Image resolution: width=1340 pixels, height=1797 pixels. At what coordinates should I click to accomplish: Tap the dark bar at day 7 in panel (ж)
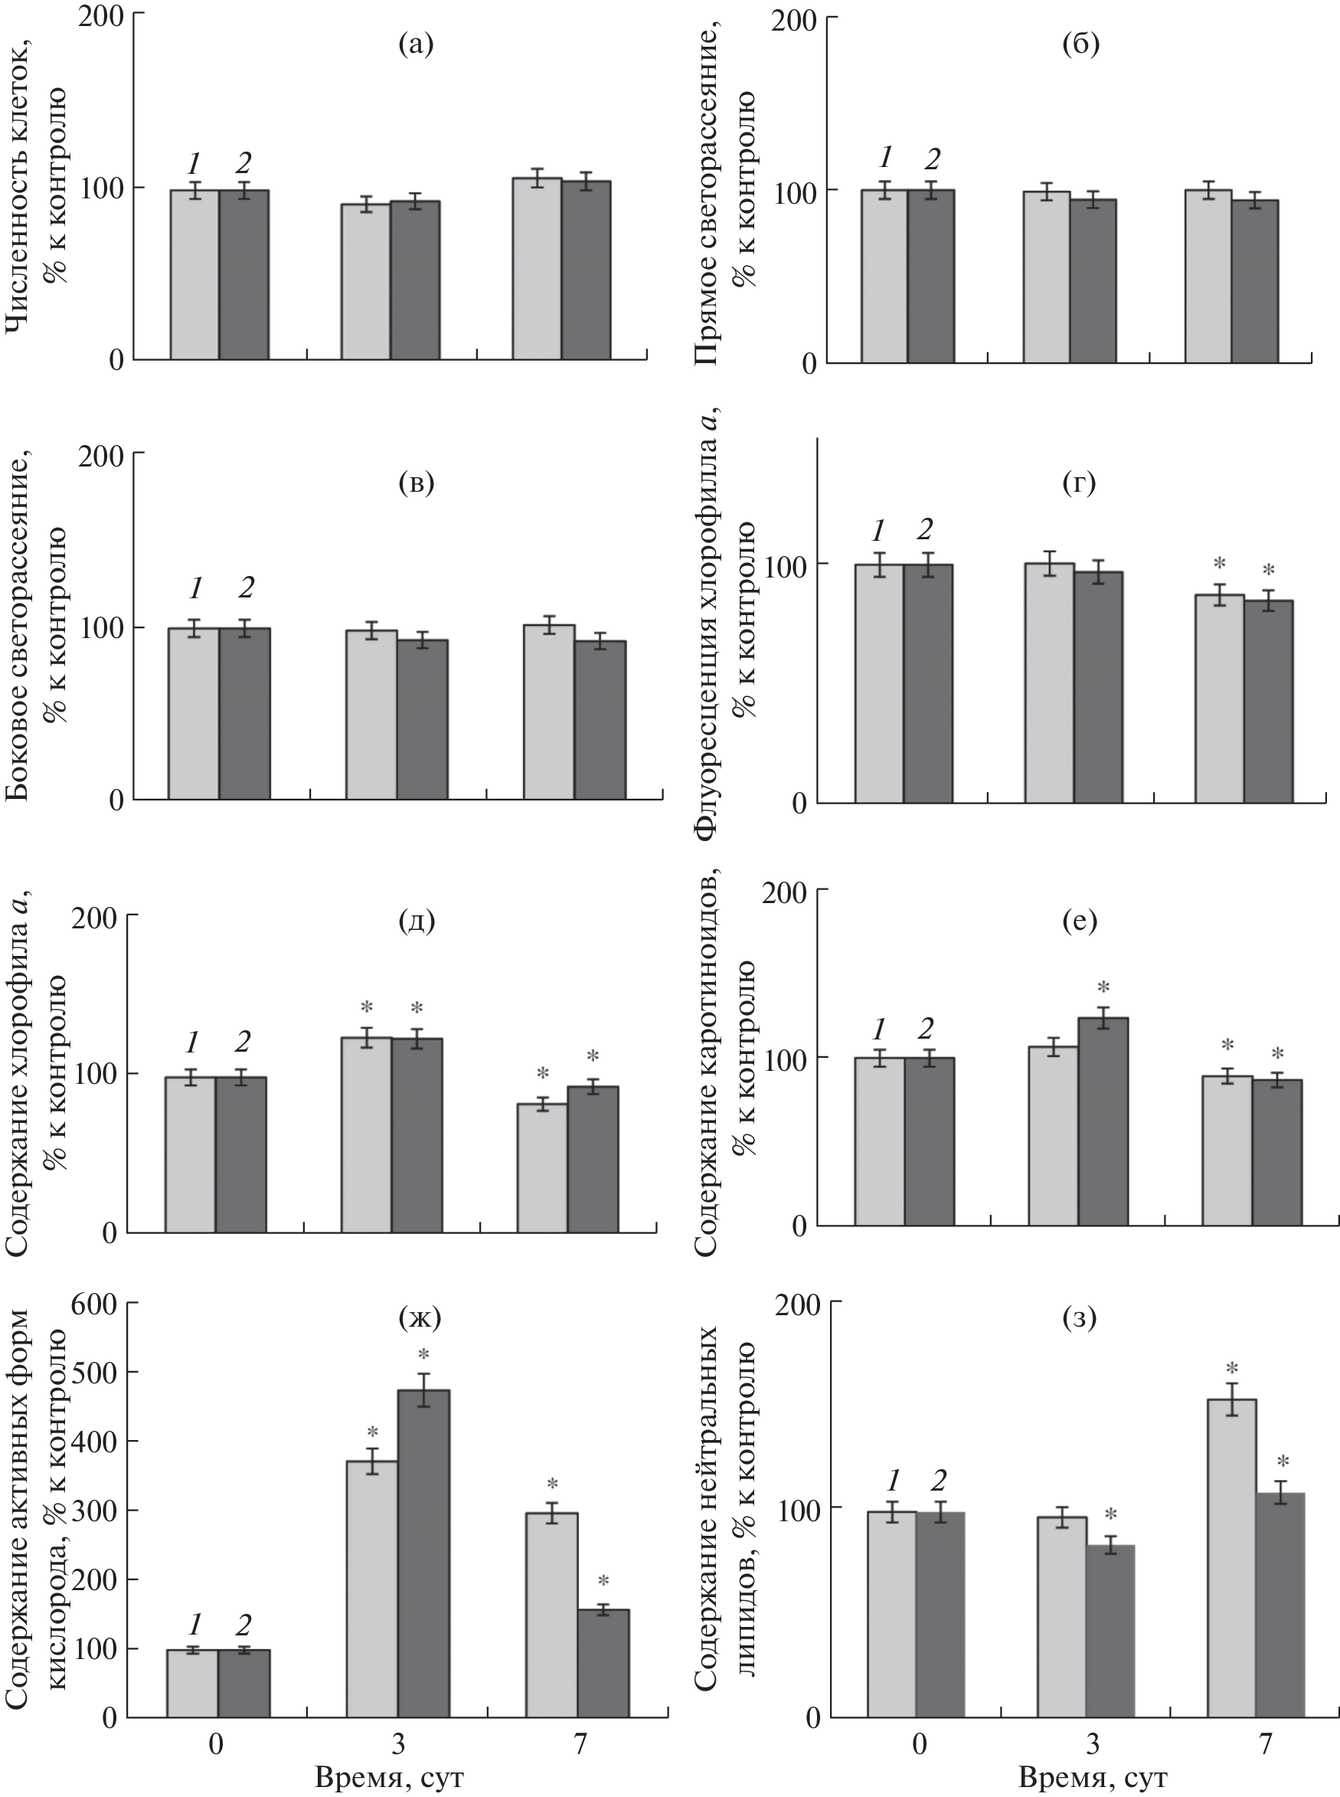(603, 1663)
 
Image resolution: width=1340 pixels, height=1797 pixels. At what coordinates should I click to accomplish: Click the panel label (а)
(416, 44)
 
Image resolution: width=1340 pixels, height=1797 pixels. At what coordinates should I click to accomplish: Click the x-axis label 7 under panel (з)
(1266, 1744)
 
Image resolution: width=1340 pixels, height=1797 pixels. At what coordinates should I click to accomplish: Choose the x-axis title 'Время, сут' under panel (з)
(1093, 1777)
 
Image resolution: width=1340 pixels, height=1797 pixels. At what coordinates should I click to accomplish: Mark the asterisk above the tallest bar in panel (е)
(1103, 987)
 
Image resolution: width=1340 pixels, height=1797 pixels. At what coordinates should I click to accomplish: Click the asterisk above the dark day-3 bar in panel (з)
(1110, 1514)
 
